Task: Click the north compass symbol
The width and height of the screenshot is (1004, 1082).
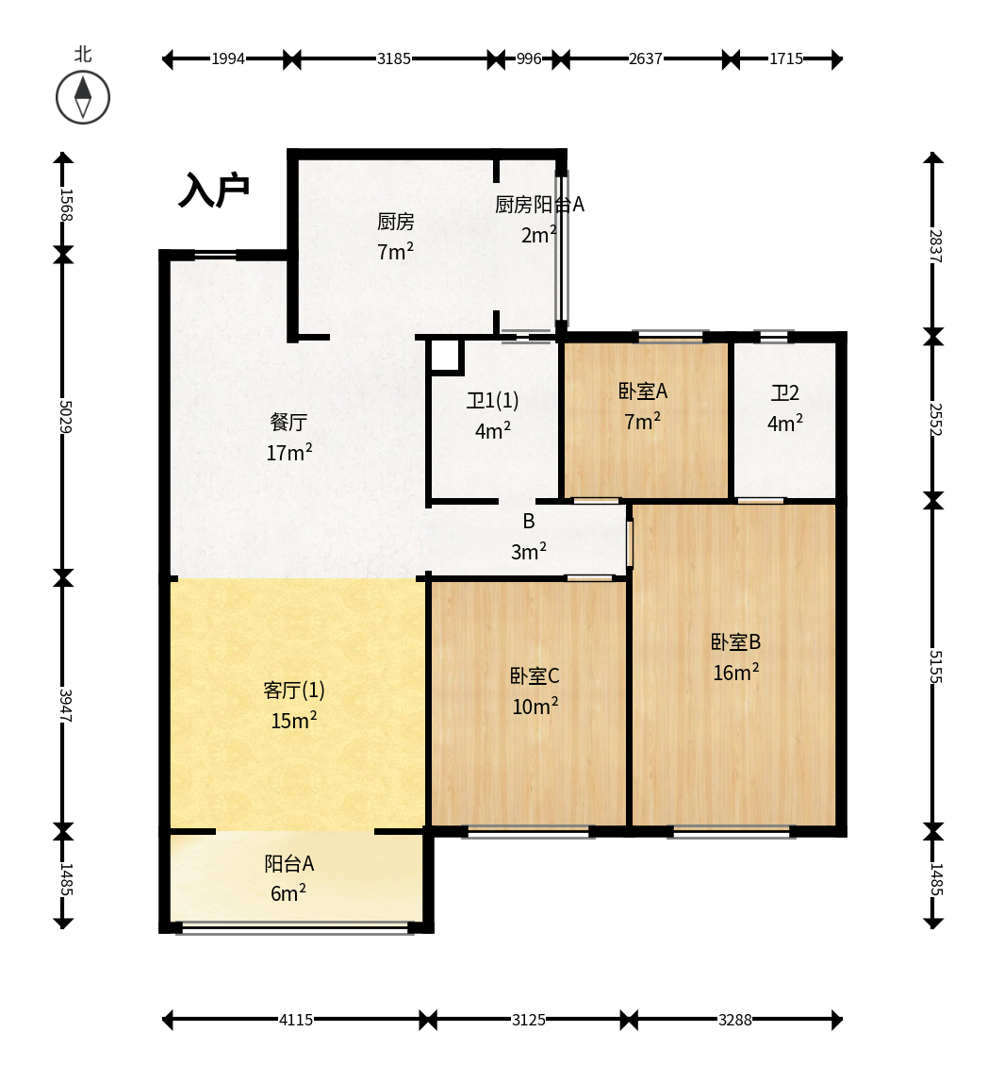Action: click(x=83, y=97)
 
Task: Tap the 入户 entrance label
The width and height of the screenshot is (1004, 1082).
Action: click(x=214, y=190)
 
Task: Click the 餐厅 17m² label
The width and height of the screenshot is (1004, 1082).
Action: click(x=288, y=437)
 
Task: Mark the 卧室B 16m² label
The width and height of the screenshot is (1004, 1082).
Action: click(x=735, y=657)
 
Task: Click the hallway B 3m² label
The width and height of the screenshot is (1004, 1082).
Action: click(x=529, y=536)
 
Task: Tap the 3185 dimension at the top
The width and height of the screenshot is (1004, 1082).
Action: click(x=394, y=58)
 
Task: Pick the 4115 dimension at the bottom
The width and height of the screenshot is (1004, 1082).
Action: click(x=296, y=1020)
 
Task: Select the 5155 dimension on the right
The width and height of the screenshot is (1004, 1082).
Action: click(x=935, y=667)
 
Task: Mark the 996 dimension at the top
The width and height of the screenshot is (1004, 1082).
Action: click(x=529, y=58)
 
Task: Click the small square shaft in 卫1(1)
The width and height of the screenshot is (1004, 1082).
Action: click(x=446, y=356)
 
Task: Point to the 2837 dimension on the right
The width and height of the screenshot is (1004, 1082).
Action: click(x=935, y=246)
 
